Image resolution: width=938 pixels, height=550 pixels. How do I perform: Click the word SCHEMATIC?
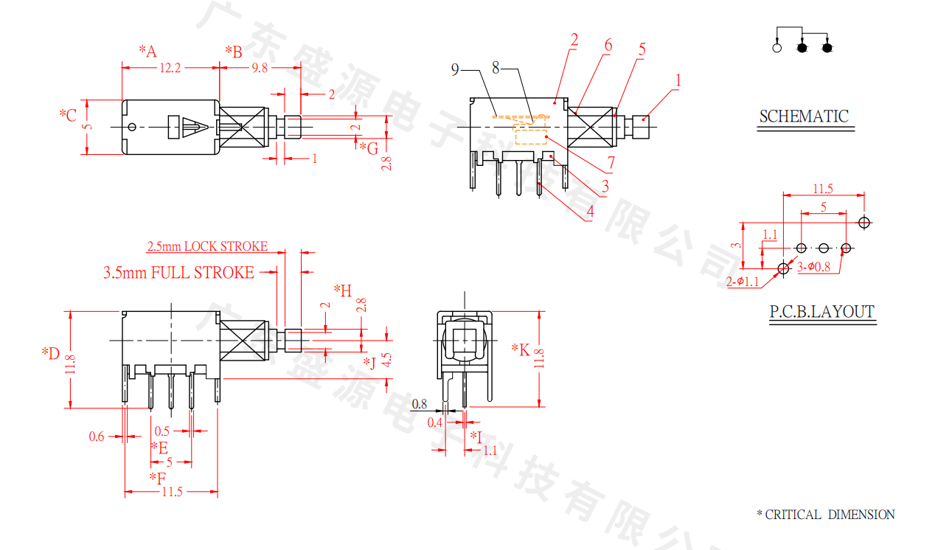804,116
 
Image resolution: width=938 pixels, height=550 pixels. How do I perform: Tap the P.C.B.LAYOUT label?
822,312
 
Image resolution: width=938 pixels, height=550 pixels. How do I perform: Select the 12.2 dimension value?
170,68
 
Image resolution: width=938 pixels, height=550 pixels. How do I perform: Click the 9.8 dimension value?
260,68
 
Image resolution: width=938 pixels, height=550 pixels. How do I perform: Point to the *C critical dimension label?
68,115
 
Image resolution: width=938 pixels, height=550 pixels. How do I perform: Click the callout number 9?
455,69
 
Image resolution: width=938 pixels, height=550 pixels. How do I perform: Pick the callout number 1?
678,80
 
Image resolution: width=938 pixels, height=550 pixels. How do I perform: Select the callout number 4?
590,213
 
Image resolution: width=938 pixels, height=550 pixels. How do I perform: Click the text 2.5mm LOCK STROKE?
207,246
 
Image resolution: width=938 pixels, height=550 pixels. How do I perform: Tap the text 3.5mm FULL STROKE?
178,273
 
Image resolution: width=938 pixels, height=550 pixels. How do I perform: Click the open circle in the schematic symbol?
777,48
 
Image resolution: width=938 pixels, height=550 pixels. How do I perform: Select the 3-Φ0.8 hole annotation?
813,267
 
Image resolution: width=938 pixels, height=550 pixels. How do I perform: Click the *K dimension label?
521,349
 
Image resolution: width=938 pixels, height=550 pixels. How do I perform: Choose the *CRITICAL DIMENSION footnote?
825,515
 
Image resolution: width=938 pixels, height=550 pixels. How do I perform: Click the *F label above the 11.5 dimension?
158,478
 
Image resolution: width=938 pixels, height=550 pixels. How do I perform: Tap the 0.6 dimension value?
97,436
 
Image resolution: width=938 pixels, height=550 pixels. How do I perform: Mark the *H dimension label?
343,290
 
